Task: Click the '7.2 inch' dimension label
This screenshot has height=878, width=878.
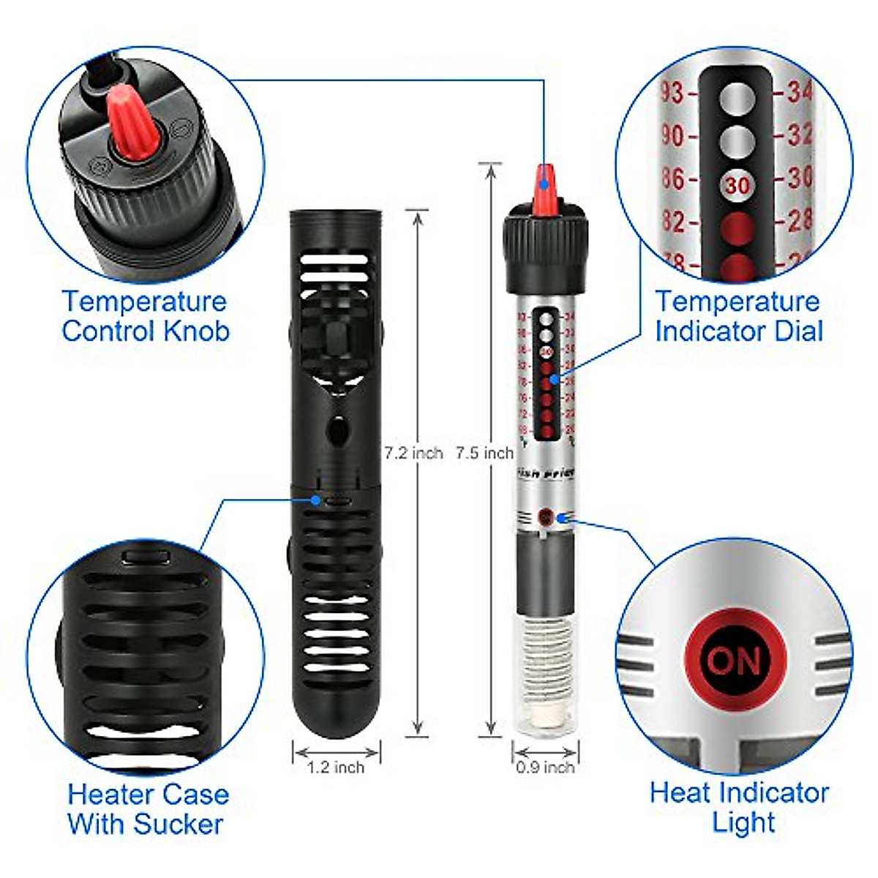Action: (414, 454)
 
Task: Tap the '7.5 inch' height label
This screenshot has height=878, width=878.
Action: (484, 454)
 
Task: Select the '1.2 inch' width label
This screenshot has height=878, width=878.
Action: (335, 768)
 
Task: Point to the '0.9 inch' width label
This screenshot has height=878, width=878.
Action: (545, 768)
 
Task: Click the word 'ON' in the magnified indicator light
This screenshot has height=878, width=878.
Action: (734, 661)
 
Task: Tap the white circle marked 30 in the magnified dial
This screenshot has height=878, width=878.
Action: (737, 185)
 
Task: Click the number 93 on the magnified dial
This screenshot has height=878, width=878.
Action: (672, 93)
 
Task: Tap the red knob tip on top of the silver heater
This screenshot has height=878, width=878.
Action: (544, 187)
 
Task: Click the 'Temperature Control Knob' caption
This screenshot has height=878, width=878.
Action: (145, 316)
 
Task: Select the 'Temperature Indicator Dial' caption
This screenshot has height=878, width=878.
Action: (738, 316)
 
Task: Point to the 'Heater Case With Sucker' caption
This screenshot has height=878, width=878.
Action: (148, 809)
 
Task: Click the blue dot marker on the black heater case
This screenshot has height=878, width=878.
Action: (315, 500)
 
